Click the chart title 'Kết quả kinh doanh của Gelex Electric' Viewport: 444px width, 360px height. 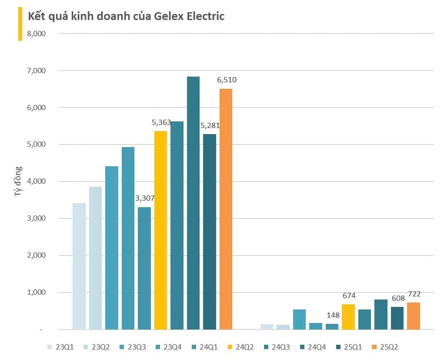click(126, 17)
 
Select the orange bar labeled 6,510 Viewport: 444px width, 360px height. click(226, 209)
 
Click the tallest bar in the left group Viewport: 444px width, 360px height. click(193, 203)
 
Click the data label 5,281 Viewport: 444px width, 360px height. click(210, 125)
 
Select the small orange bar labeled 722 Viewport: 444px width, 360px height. click(413, 316)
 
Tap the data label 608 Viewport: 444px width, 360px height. click(398, 299)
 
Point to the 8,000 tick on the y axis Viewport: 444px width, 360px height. click(36, 34)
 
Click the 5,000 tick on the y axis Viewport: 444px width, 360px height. click(36, 145)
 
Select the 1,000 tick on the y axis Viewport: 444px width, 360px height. click(36, 293)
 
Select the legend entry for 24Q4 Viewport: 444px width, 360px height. click(312, 347)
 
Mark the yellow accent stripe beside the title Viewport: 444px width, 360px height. click(20, 24)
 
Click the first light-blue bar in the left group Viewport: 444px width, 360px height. click(79, 266)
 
